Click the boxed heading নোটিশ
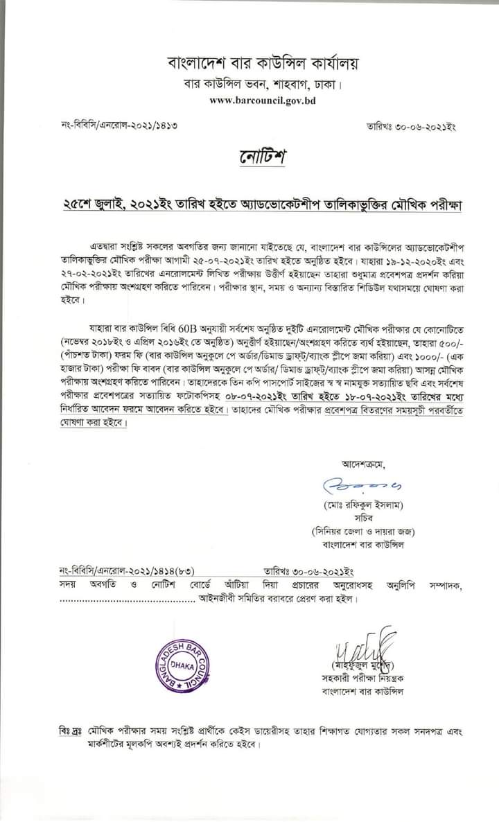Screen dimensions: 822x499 pyautogui.click(x=258, y=158)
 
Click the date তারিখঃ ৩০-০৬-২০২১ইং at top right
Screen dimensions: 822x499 pyautogui.click(x=410, y=127)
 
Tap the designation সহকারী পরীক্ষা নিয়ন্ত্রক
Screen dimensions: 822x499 pyautogui.click(x=362, y=678)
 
